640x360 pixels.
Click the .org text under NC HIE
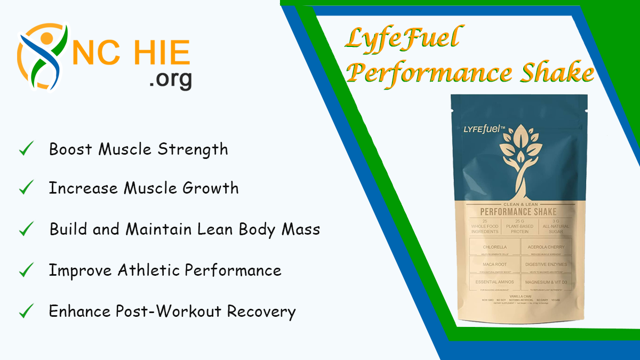171,79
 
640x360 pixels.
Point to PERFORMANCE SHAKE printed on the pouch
518,211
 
